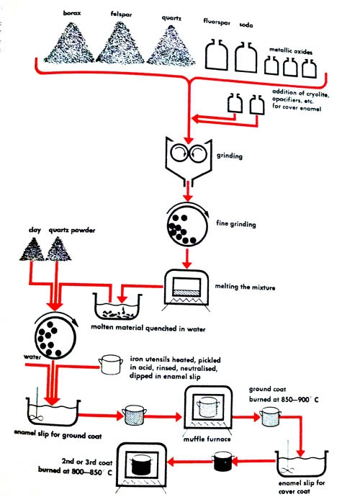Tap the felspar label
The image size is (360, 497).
121,14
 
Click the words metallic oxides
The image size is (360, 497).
291,50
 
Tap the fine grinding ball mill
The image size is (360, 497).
188,225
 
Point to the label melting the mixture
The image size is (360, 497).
245,287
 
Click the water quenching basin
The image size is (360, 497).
117,307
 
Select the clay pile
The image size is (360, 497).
32,249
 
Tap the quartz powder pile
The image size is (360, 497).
58,249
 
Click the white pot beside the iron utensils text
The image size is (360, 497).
110,364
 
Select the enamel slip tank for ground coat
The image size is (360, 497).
53,412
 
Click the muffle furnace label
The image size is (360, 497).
207,439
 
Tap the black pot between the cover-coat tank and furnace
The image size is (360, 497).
224,462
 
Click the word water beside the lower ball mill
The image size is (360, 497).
32,357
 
